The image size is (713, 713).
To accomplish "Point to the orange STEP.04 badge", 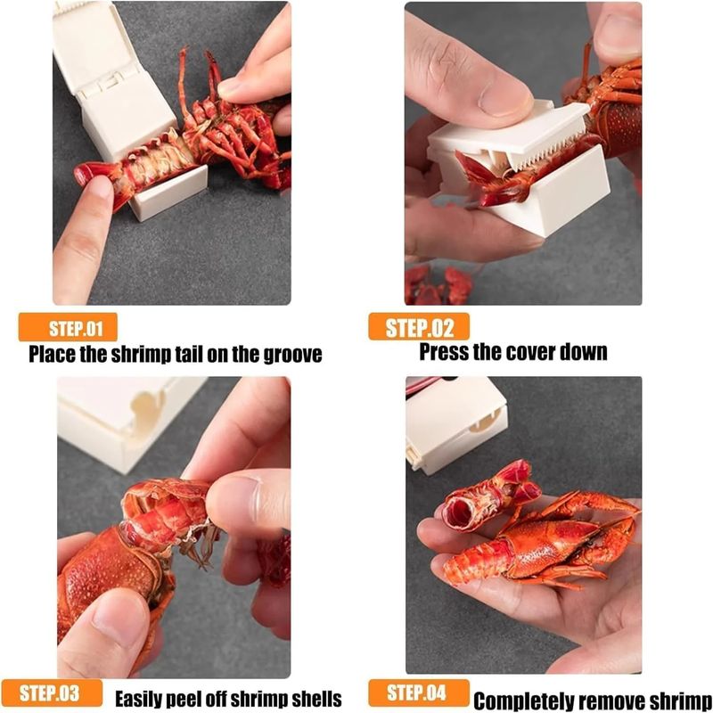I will (x=418, y=693).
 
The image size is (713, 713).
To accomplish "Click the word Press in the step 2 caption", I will (x=444, y=351).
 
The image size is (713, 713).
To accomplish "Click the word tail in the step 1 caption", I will (x=186, y=354).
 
